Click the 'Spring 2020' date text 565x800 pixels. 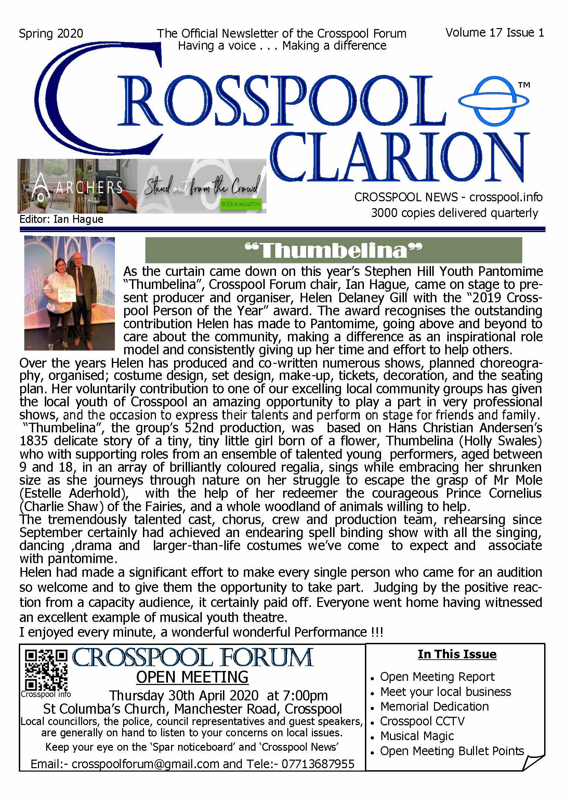51,34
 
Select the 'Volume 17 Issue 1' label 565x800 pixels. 494,33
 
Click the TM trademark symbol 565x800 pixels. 524,85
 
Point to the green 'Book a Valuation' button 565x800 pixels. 241,204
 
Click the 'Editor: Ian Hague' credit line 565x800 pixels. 62,219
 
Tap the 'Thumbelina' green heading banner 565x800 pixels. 333,250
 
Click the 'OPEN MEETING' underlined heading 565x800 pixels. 192,677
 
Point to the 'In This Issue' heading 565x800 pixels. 457,654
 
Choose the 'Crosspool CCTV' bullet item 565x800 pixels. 422,721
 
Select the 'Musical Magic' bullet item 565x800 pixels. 417,736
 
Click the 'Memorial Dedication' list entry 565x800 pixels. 434,706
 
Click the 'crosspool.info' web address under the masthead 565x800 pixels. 505,197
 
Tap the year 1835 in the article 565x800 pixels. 34,441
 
